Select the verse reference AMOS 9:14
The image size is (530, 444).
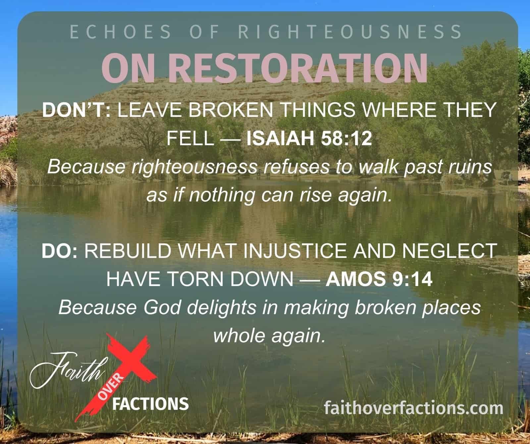click(x=379, y=280)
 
